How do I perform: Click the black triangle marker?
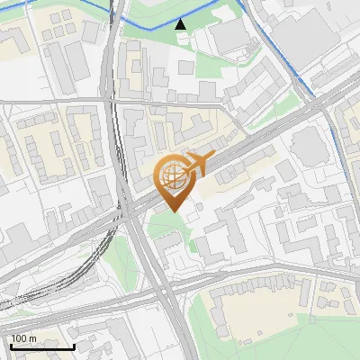coord(181,24)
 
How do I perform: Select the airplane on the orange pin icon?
coord(197,164)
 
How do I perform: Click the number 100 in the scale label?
coord(20,338)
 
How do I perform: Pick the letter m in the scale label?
coord(32,338)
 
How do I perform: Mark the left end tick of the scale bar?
coord(12,346)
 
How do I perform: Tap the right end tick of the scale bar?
coord(73,346)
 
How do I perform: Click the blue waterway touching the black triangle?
coord(153,24)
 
